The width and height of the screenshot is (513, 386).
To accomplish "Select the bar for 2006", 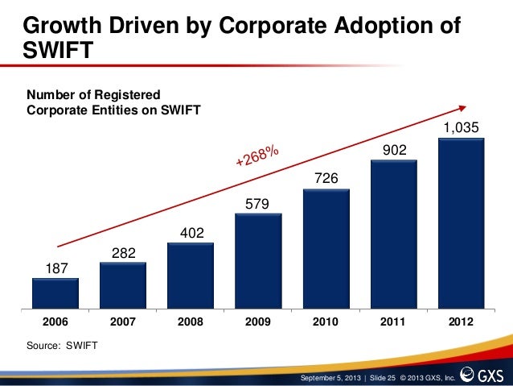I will click(55, 293).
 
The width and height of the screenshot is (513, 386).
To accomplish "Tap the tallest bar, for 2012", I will click(461, 223).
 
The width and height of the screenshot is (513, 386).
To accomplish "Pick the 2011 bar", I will click(393, 234).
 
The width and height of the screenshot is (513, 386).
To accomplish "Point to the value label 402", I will click(191, 234).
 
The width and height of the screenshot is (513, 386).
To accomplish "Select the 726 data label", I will click(326, 176).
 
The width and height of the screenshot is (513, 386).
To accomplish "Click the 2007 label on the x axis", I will click(123, 322).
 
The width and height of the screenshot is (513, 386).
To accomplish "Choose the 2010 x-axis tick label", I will click(326, 322).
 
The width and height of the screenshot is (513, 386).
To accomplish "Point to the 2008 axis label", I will click(191, 322).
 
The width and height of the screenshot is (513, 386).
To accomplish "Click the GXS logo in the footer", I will click(486, 376).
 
